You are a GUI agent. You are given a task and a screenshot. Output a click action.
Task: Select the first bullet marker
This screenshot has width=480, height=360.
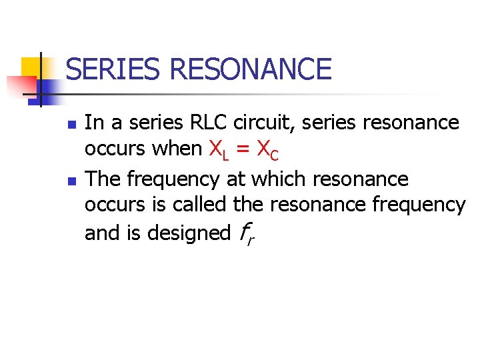(73, 125)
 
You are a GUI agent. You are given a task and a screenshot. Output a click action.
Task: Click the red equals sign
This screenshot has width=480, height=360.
(243, 149)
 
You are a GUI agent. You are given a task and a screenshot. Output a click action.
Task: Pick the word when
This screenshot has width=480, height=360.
(177, 149)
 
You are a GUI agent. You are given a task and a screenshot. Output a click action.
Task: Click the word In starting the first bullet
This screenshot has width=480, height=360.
(94, 123)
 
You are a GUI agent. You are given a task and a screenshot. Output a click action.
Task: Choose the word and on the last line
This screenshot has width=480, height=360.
(99, 233)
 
